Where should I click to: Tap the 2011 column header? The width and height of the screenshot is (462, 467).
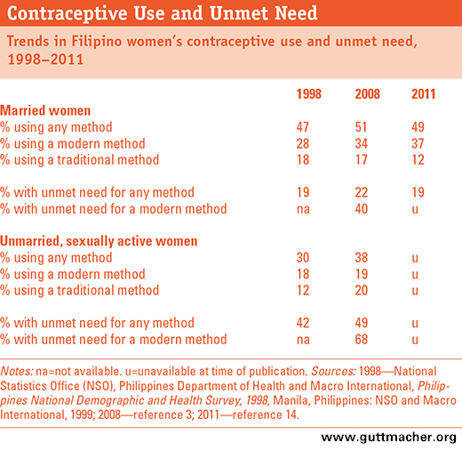pyautogui.click(x=423, y=94)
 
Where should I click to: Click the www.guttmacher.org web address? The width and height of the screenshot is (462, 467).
pyautogui.click(x=388, y=438)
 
